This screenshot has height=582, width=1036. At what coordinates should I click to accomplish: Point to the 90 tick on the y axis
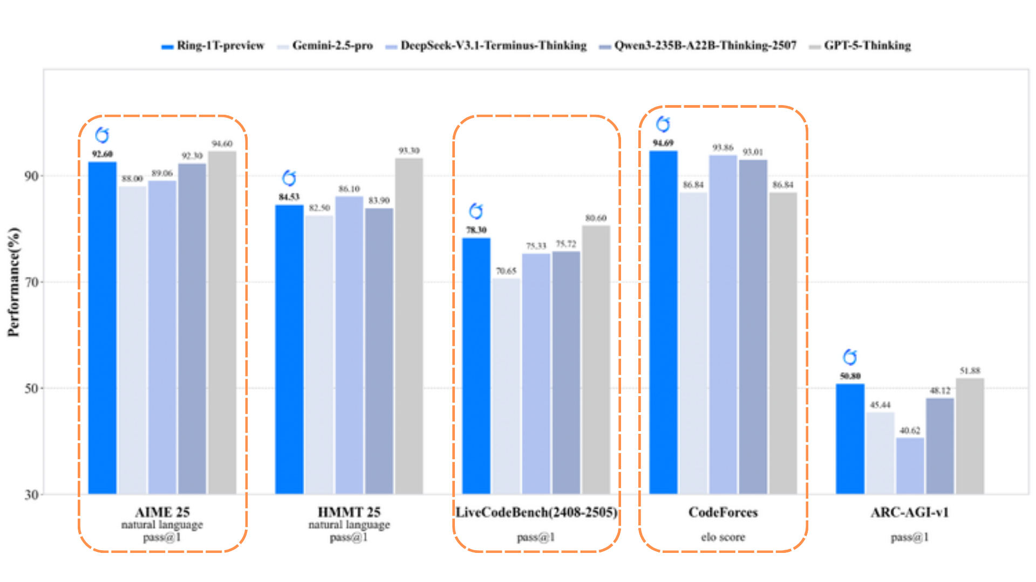(x=31, y=176)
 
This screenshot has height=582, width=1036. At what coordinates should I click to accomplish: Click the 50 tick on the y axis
(x=31, y=389)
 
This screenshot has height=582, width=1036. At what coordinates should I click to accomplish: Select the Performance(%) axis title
(x=14, y=282)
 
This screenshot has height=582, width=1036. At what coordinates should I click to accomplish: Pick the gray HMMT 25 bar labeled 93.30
(x=409, y=326)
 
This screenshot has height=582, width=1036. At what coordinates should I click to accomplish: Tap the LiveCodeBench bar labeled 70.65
(x=506, y=386)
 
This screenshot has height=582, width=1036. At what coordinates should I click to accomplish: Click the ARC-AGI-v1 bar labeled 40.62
(x=910, y=466)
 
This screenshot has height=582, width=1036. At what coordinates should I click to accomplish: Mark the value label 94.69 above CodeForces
(x=663, y=143)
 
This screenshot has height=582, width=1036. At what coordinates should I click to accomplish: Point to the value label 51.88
(x=970, y=371)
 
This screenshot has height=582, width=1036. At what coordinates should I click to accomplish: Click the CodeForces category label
(x=723, y=512)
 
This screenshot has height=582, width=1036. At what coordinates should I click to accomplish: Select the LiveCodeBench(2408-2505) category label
(x=536, y=512)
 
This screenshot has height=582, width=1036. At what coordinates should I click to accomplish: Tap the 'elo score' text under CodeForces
(x=723, y=537)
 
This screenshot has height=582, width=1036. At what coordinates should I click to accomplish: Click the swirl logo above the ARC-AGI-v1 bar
(x=850, y=357)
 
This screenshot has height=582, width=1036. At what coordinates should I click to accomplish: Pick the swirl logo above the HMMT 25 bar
(x=289, y=178)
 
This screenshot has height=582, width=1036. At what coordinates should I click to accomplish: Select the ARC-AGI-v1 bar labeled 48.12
(x=940, y=446)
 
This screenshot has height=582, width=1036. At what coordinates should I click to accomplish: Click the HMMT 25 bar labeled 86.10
(x=349, y=345)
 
